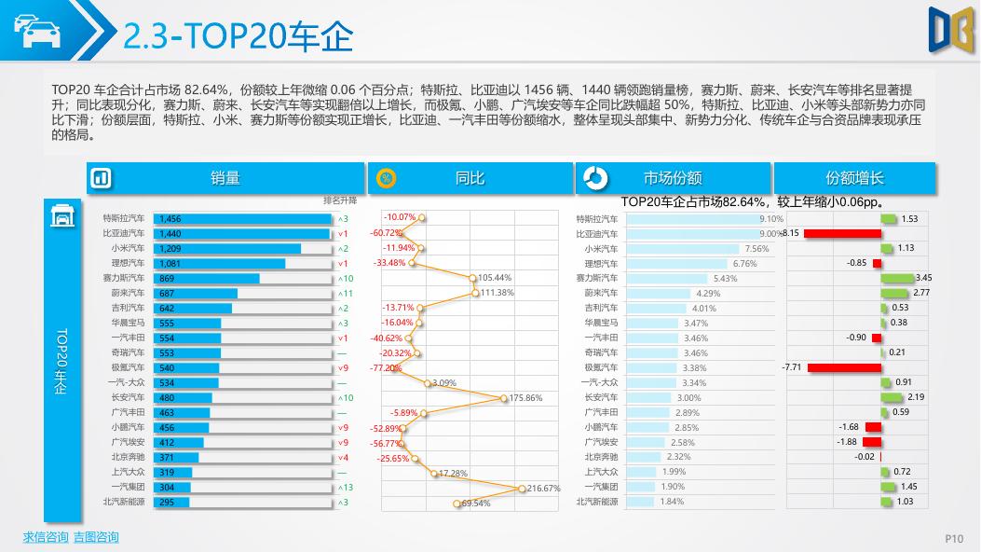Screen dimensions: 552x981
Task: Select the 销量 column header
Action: click(x=225, y=178)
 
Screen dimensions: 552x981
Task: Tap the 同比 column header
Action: click(x=470, y=178)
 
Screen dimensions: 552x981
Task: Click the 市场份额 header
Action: click(x=673, y=178)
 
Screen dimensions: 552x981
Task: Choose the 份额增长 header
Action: click(x=854, y=178)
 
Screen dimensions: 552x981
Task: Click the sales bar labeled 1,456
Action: click(x=242, y=218)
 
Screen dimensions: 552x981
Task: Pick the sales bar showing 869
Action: click(x=206, y=278)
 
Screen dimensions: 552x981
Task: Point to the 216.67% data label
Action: click(x=543, y=488)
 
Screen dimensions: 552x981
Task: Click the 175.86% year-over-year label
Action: click(x=525, y=398)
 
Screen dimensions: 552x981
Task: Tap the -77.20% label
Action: click(x=386, y=368)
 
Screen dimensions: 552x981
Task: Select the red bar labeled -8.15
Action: click(x=842, y=233)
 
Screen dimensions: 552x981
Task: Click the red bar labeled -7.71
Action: click(x=844, y=368)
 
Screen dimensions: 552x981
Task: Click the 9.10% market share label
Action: click(x=772, y=218)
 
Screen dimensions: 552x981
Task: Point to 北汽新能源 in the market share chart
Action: click(x=597, y=502)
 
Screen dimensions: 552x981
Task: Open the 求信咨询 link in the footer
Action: click(x=46, y=537)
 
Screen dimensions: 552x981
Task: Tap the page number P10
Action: click(x=954, y=538)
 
